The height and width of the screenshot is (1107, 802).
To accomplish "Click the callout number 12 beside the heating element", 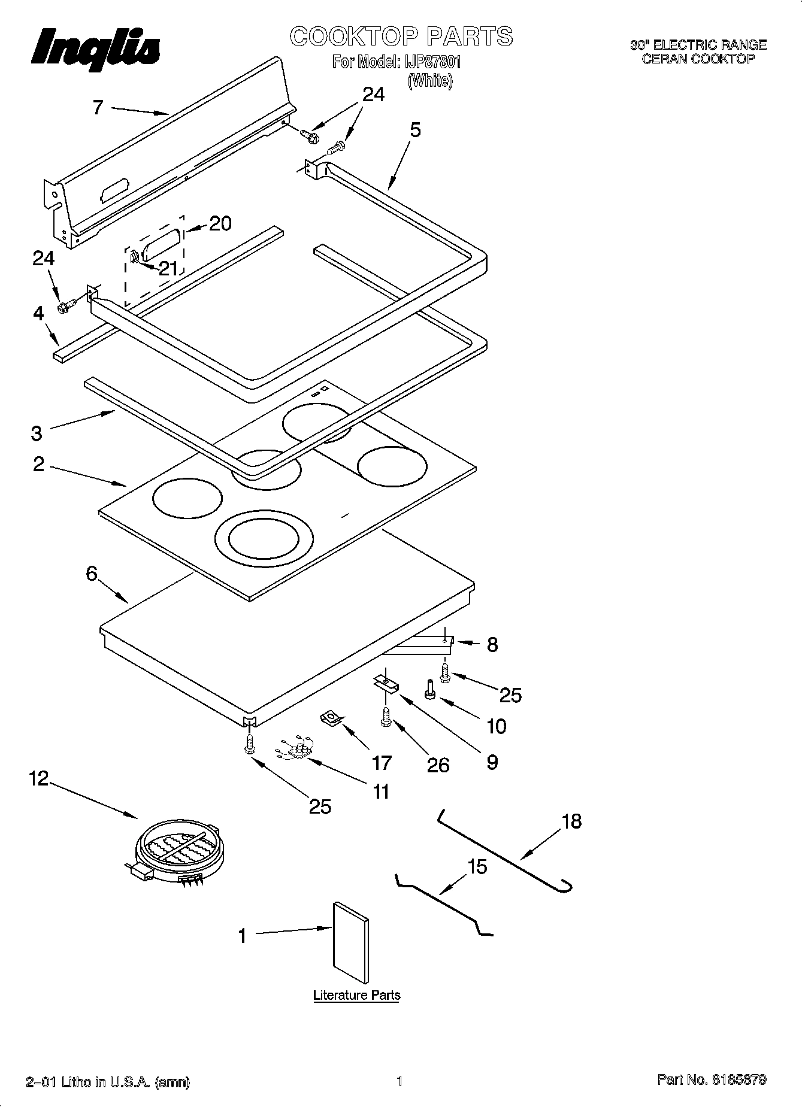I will tap(39, 779).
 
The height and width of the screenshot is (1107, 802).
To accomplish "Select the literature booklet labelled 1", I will tap(350, 942).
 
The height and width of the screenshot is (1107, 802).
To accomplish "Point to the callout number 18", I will tap(572, 821).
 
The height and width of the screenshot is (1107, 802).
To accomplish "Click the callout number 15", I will tap(477, 866).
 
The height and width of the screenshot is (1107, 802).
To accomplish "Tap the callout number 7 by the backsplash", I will tap(98, 108).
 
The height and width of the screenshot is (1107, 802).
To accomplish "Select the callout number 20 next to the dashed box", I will tap(220, 224).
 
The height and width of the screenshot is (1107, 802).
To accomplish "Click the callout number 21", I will tap(168, 268).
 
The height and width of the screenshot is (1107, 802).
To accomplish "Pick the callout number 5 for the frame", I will tap(415, 129).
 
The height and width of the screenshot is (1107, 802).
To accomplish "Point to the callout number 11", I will tap(381, 791).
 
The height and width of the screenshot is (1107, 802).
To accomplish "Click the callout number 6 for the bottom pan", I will tap(91, 574).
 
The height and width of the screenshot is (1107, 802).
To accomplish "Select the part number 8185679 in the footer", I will tap(739, 1080).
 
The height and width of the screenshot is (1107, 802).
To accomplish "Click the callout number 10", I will tap(497, 726).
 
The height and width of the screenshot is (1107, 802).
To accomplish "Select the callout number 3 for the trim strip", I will tap(37, 433).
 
